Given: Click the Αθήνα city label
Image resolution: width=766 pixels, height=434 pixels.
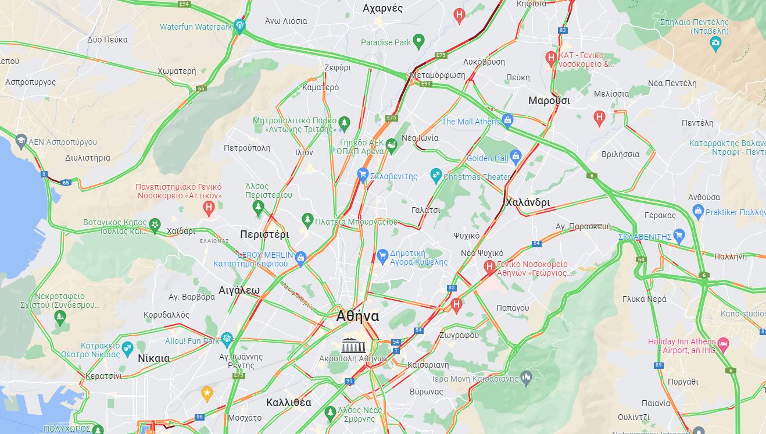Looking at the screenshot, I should pos(357,316).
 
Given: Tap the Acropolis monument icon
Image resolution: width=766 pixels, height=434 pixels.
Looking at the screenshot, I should pos(352,344).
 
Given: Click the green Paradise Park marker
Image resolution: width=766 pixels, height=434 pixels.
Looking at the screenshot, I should pos(418,41).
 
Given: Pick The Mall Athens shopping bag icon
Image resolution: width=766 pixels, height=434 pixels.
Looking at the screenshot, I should pos(507,120).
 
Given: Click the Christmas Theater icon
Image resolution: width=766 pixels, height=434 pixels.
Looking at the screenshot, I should pos(436,175).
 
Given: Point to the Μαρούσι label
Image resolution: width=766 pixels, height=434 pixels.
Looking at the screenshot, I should pos(549,101).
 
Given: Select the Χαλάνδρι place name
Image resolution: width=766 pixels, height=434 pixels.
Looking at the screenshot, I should pos(527,202).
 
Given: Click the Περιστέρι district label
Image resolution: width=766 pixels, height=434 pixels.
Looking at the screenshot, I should pos(264,234).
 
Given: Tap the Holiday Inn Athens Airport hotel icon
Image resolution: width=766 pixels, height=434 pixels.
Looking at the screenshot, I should pos(723,344).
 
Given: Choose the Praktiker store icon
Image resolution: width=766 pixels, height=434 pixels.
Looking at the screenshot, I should pos(698,211).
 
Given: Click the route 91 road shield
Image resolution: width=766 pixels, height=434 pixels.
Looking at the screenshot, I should pos(349,381).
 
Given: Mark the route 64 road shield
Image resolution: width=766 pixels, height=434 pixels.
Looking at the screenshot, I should pos(640,259).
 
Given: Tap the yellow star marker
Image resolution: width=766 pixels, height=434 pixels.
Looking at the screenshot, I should pos(207,393).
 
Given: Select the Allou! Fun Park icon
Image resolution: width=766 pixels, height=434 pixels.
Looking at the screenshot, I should pos(227,339).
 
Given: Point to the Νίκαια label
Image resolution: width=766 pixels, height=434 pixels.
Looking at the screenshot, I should pos(154,358).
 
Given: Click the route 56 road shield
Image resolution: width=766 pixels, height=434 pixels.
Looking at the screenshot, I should pos(199,417).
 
